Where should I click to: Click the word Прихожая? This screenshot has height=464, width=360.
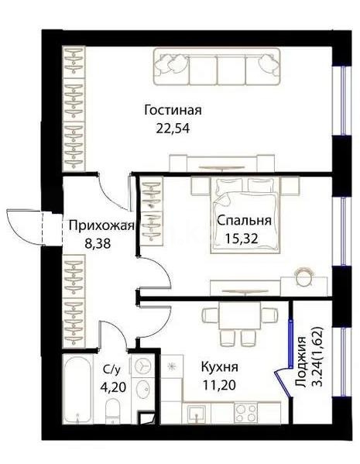click(x=101, y=226)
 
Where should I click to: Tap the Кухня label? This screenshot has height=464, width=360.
click(x=219, y=367)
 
